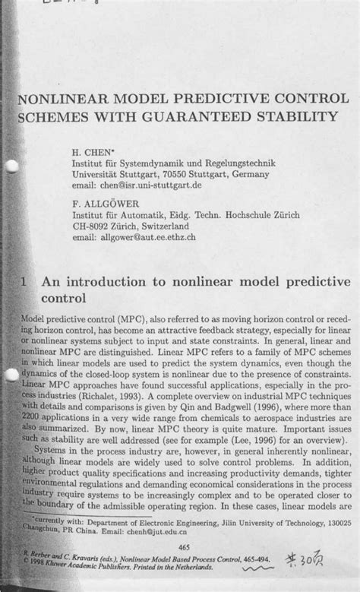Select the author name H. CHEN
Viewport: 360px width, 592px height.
90,151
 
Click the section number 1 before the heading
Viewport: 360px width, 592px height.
26,281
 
